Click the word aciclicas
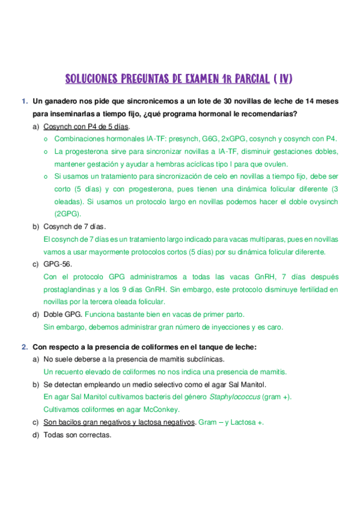tap(206, 164)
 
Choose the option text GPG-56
tap(58, 264)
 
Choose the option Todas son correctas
tap(78, 435)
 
